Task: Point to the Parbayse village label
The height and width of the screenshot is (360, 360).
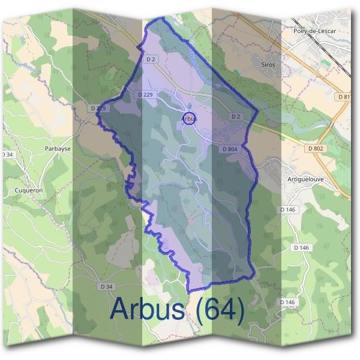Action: click(58, 148)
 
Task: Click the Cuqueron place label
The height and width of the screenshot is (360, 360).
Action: click(27, 191)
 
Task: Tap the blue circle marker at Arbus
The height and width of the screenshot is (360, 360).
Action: click(188, 119)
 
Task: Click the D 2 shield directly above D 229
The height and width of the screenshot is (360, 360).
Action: click(151, 59)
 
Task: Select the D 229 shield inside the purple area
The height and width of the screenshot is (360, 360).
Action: click(145, 95)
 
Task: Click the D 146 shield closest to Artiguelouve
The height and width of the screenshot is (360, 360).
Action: click(288, 209)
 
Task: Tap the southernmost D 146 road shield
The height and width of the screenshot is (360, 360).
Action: click(287, 302)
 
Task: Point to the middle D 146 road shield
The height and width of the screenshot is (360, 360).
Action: click(301, 247)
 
